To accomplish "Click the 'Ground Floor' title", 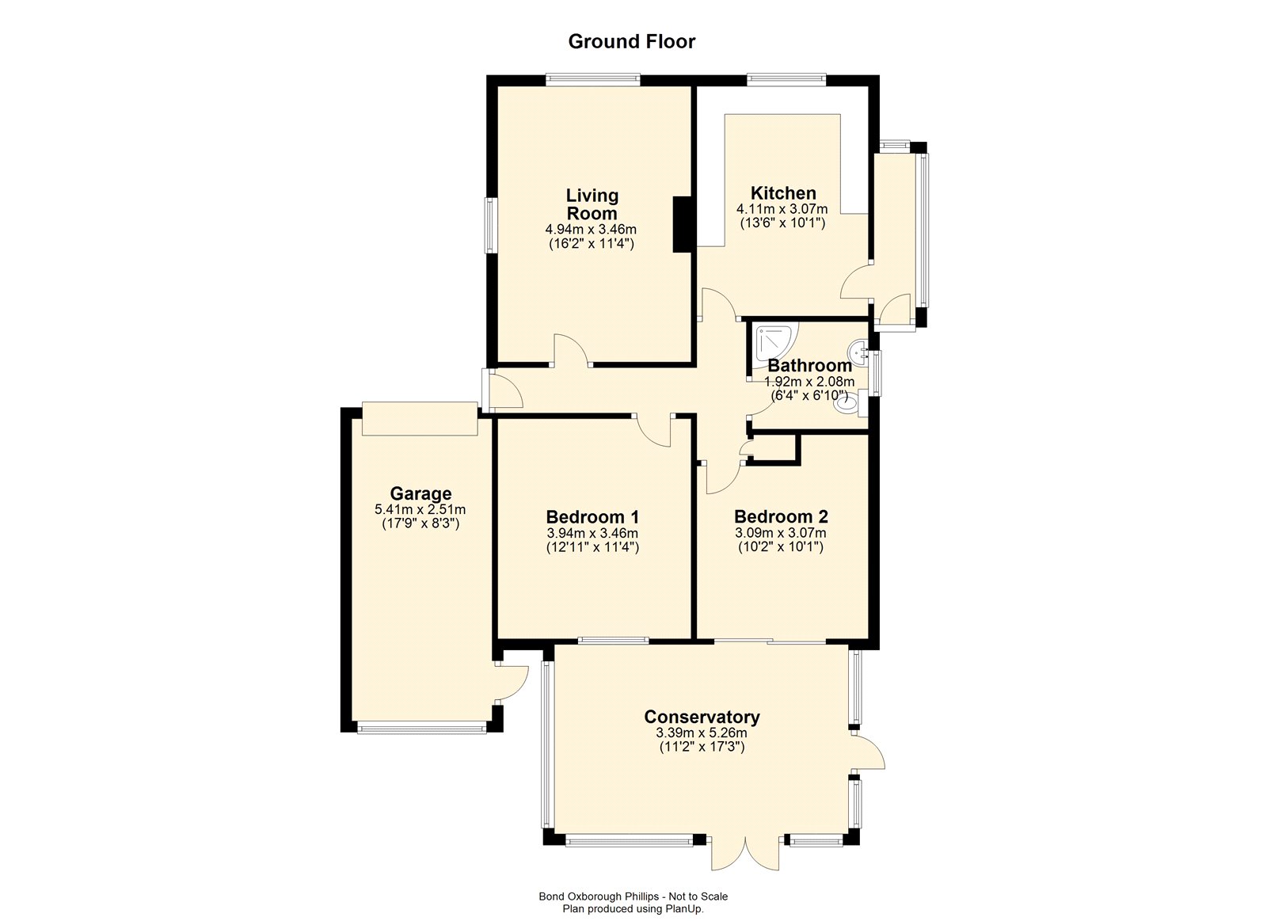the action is point(631,41).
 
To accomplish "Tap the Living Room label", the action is point(592,204).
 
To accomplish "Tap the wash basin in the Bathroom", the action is point(860,352).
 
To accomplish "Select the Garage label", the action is point(420,494).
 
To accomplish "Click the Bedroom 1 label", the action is point(592,516).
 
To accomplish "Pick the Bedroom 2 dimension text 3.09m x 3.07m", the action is point(781,532).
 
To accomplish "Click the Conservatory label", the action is point(702,717).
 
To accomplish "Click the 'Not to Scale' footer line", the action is point(633,896).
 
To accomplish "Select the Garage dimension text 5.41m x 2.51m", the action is point(420,509).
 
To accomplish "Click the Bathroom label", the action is point(809,365).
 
